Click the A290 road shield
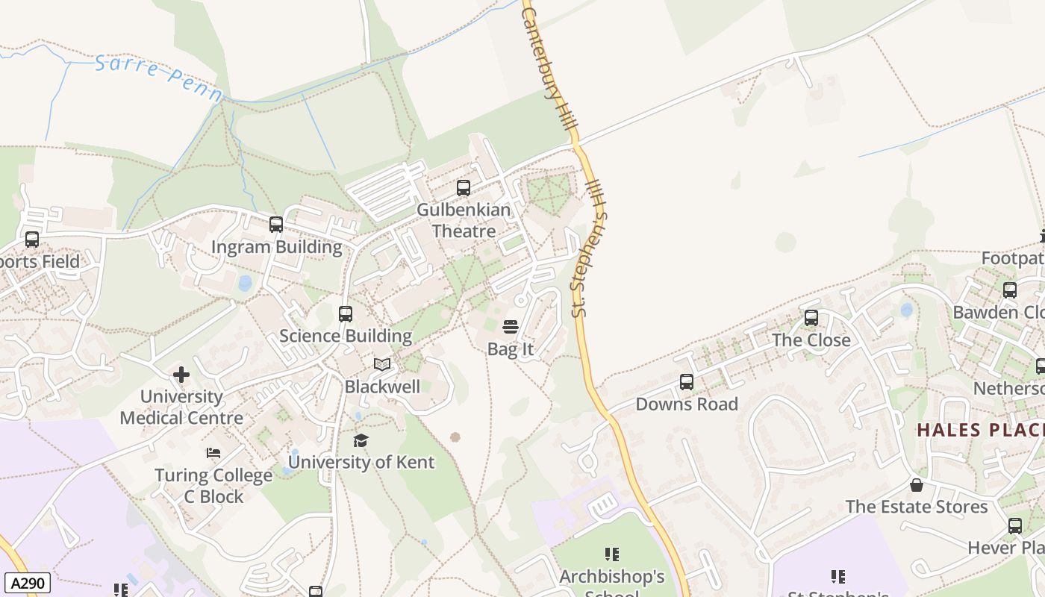(27, 583)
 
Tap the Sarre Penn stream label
(158, 78)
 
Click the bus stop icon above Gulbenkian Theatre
(464, 188)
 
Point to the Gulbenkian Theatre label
(464, 220)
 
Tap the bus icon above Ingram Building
(276, 224)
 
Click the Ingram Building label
(276, 247)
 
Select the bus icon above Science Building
(345, 313)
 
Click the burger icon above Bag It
(511, 326)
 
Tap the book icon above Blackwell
(382, 364)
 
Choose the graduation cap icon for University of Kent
(361, 440)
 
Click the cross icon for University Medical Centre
(181, 375)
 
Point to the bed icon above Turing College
(213, 453)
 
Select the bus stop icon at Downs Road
(687, 382)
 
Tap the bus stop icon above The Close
(811, 318)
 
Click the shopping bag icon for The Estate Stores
(917, 485)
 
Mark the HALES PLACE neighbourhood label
(979, 430)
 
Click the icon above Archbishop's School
(612, 554)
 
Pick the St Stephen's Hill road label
(589, 246)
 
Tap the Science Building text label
(346, 336)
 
